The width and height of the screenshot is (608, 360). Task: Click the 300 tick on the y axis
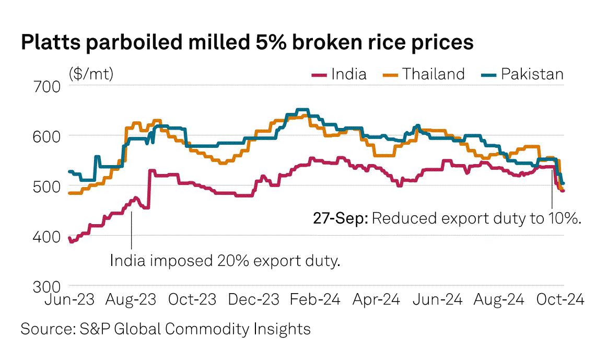click(x=49, y=286)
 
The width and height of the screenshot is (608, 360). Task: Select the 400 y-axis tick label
click(x=49, y=236)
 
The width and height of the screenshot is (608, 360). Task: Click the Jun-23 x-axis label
click(x=70, y=300)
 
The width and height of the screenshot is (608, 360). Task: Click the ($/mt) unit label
click(x=90, y=74)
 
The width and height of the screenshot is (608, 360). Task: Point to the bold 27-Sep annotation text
click(x=341, y=218)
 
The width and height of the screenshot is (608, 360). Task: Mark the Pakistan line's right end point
click(x=563, y=183)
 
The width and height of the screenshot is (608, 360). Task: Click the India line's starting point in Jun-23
click(x=69, y=238)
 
